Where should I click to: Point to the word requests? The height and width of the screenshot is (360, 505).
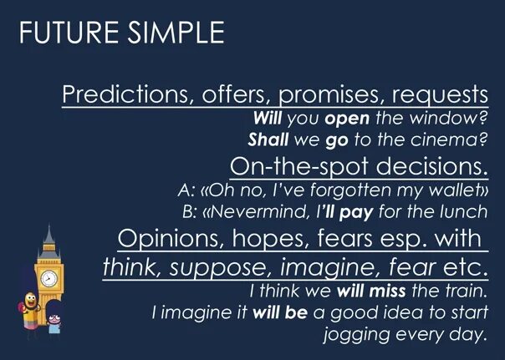point(441,94)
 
